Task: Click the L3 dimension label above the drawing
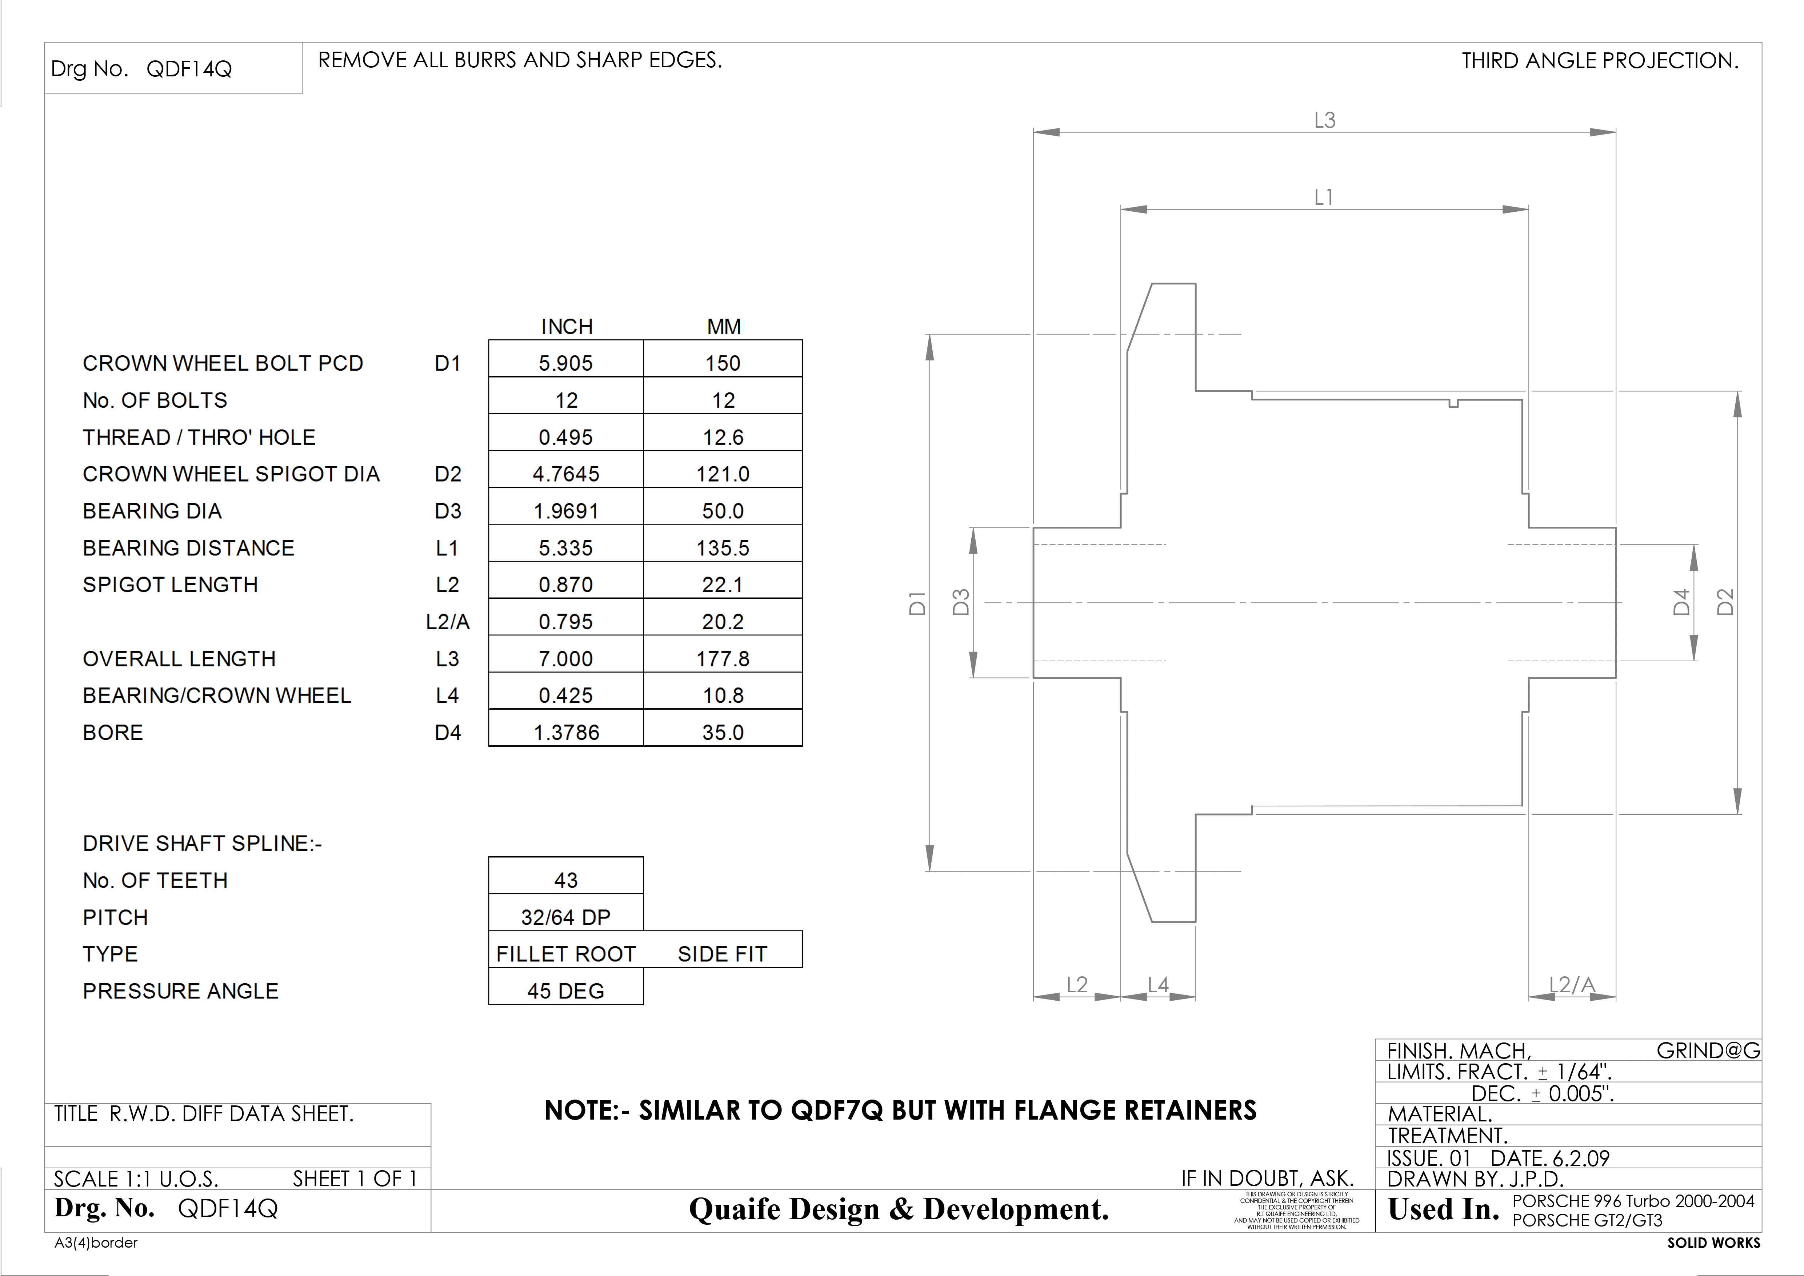coord(1325,120)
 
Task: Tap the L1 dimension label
coord(1324,197)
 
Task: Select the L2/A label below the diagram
coord(1571,985)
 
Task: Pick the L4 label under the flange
coord(1158,985)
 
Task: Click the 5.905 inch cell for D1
coord(566,363)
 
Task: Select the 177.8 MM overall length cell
coord(723,658)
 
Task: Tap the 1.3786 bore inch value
coord(566,732)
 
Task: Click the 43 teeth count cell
coord(566,880)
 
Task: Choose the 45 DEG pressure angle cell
coord(566,991)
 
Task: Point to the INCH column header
coord(567,326)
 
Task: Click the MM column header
coord(724,326)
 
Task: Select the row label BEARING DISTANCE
coord(189,548)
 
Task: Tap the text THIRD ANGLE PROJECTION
coord(1600,60)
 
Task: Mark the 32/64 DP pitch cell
coord(566,917)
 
